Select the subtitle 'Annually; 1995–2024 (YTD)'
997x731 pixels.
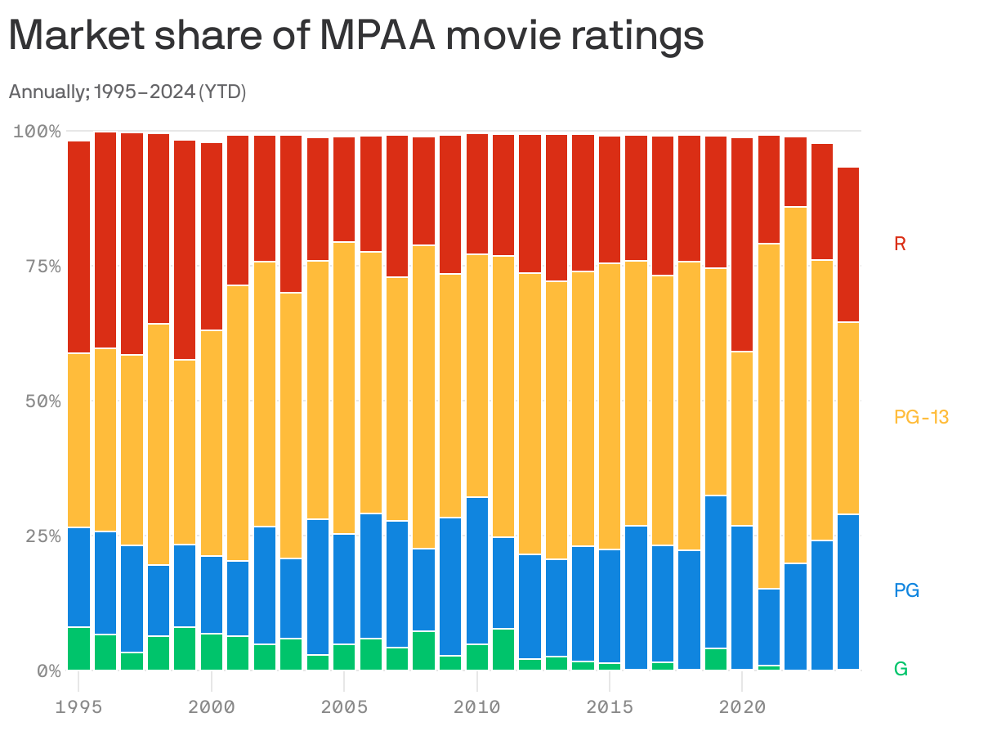point(127,92)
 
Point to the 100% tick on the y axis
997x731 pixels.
point(38,131)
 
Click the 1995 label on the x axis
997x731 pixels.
point(78,706)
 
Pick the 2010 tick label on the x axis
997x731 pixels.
point(476,706)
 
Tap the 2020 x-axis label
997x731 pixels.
point(741,706)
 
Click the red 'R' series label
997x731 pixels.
point(900,244)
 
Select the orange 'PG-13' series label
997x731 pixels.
point(921,417)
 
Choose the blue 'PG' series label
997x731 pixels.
point(906,590)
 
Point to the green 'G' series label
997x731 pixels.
point(901,669)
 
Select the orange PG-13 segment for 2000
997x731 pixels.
point(212,442)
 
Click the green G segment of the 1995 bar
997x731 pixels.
point(78,648)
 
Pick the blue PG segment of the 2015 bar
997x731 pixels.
point(609,605)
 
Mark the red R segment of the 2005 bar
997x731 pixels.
point(344,189)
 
